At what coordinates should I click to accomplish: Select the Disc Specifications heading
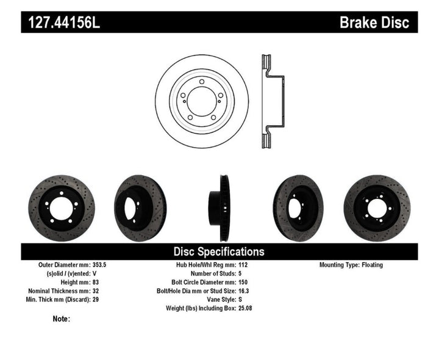(219, 251)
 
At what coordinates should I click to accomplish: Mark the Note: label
(62, 319)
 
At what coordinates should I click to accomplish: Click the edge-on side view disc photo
(218, 208)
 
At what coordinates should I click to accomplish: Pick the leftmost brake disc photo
(57, 208)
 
